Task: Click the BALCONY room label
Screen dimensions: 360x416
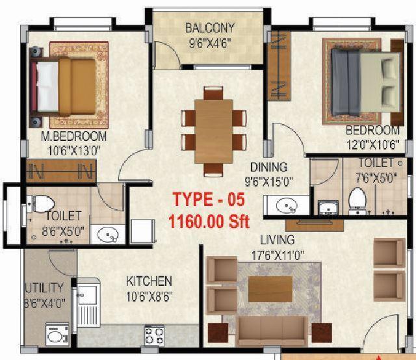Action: [x=209, y=29]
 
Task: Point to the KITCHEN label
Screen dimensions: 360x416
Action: [x=149, y=281]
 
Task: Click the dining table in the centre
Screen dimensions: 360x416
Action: [x=214, y=130]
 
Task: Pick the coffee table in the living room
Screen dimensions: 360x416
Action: [x=270, y=289]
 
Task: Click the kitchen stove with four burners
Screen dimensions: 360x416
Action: [x=154, y=335]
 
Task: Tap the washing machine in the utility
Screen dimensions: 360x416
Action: [x=57, y=335]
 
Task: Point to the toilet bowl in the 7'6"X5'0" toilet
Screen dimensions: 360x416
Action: [x=357, y=199]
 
